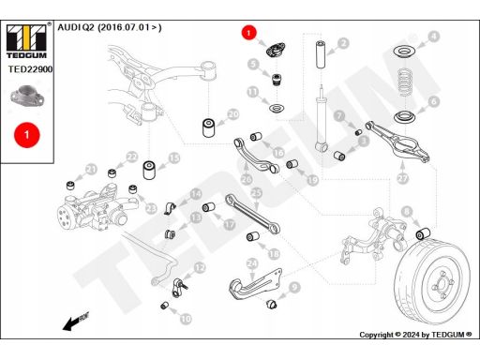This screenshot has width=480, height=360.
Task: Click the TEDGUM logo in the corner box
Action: point(26,41)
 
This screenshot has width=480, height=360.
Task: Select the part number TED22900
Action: point(30,69)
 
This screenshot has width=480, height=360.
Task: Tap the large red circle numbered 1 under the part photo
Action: point(27,135)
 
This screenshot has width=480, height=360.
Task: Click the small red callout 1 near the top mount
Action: point(248,33)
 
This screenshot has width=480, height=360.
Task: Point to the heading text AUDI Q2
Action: point(76,27)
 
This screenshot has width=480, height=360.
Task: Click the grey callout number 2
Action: point(343,43)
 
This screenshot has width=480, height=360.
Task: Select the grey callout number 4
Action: point(433,37)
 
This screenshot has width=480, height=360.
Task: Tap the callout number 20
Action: point(233,114)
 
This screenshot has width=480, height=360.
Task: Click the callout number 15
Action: point(174,158)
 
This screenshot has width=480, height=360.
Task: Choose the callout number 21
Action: point(91,170)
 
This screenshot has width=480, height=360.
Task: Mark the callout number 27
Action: point(403,178)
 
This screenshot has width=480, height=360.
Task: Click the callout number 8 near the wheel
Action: point(407,212)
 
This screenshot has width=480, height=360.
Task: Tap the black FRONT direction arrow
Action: point(76,322)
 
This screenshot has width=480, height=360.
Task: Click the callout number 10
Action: point(186,319)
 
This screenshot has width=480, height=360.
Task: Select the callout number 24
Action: point(252,264)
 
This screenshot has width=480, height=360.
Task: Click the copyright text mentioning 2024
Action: point(415,335)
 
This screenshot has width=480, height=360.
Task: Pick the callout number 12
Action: point(200,268)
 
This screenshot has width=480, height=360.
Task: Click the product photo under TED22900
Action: point(27,96)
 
